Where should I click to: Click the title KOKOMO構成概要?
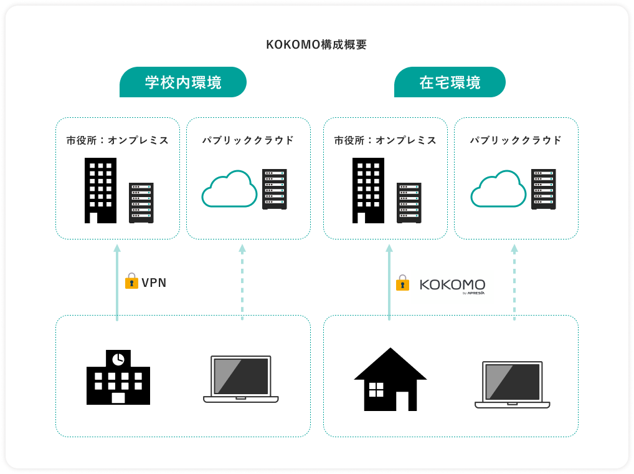pyautogui.click(x=316, y=45)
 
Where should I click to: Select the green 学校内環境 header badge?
pyautogui.click(x=183, y=82)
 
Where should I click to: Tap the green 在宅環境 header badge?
pyautogui.click(x=450, y=82)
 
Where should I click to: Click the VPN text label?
pyautogui.click(x=154, y=283)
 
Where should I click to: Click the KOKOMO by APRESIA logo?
pyautogui.click(x=452, y=286)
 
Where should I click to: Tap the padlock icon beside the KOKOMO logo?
pyautogui.click(x=403, y=283)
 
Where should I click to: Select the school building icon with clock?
pyautogui.click(x=118, y=377)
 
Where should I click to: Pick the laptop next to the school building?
pyautogui.click(x=241, y=379)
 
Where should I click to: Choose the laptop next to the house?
pyautogui.click(x=512, y=384)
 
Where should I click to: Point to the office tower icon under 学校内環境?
pyautogui.click(x=100, y=190)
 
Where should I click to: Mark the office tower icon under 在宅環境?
pyautogui.click(x=368, y=190)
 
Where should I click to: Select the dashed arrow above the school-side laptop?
pyautogui.click(x=242, y=283)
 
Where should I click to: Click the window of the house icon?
pyautogui.click(x=377, y=390)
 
